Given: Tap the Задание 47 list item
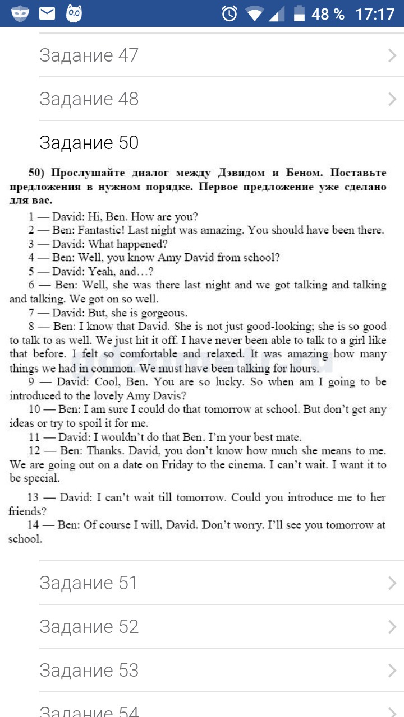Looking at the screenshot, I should coord(89,55).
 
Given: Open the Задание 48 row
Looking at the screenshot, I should coord(89,99).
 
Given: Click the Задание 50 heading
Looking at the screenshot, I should coord(89,143).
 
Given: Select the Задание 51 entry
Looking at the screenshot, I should coord(89,583).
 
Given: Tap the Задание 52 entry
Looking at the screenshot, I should coord(89,627).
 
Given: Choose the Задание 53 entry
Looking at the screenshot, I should coord(89,671).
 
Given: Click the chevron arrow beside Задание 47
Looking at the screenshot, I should coord(392,55).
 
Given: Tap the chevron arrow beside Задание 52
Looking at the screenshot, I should coord(392,627).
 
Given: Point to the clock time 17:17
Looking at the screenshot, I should coord(375,13).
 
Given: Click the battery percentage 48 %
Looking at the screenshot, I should coord(328,13).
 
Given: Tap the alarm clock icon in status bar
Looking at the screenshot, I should coord(229,13).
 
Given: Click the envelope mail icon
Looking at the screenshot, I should coord(47,13).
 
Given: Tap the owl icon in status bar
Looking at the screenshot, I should coord(74,13).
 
